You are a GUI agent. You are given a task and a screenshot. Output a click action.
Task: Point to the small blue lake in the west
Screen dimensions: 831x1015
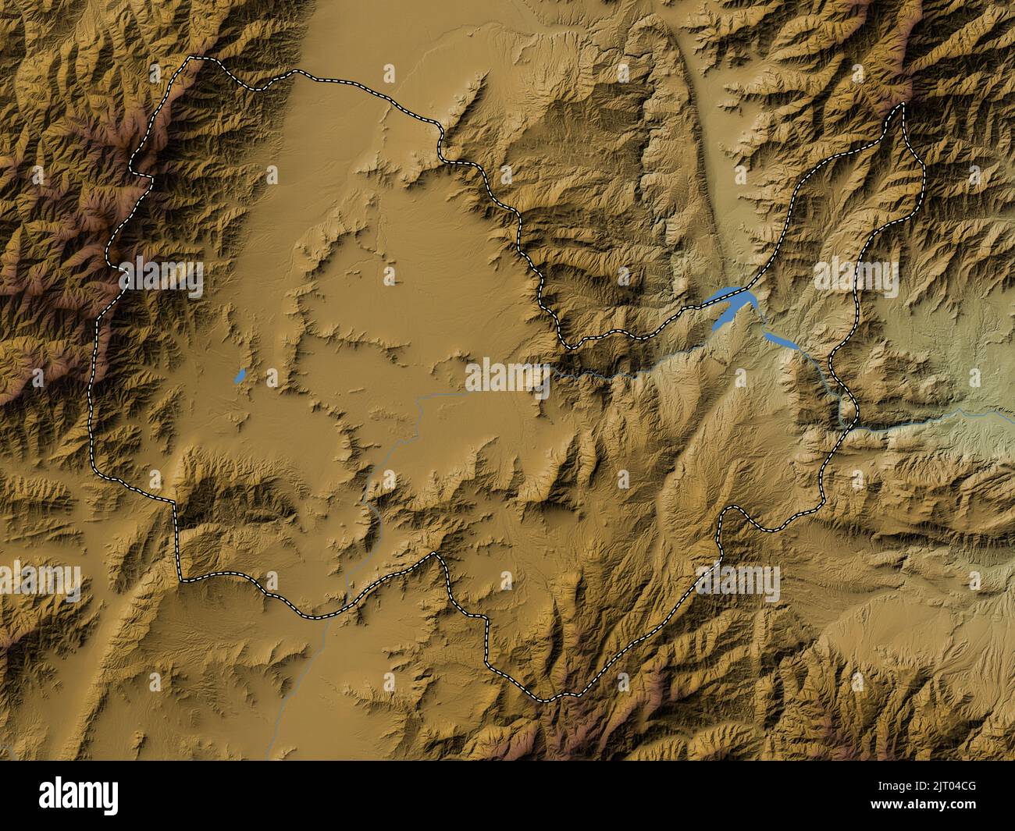(240, 377)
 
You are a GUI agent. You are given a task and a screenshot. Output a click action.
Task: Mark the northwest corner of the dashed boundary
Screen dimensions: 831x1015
(191, 59)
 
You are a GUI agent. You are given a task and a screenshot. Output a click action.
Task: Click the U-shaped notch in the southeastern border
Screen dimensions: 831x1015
(731, 511)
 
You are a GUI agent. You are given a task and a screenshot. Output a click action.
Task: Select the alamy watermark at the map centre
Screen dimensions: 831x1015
(507, 375)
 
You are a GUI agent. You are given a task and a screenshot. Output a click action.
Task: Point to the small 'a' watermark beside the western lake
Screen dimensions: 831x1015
(272, 377)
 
